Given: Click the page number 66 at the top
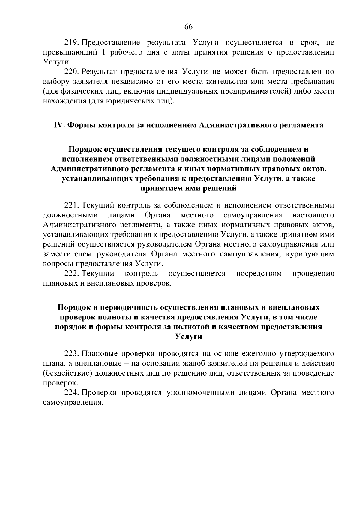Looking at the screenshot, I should pyautogui.click(x=188, y=27).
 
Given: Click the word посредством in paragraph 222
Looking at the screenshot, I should pyautogui.click(x=259, y=274).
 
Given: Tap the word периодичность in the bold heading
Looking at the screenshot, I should pyautogui.click(x=128, y=307).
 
